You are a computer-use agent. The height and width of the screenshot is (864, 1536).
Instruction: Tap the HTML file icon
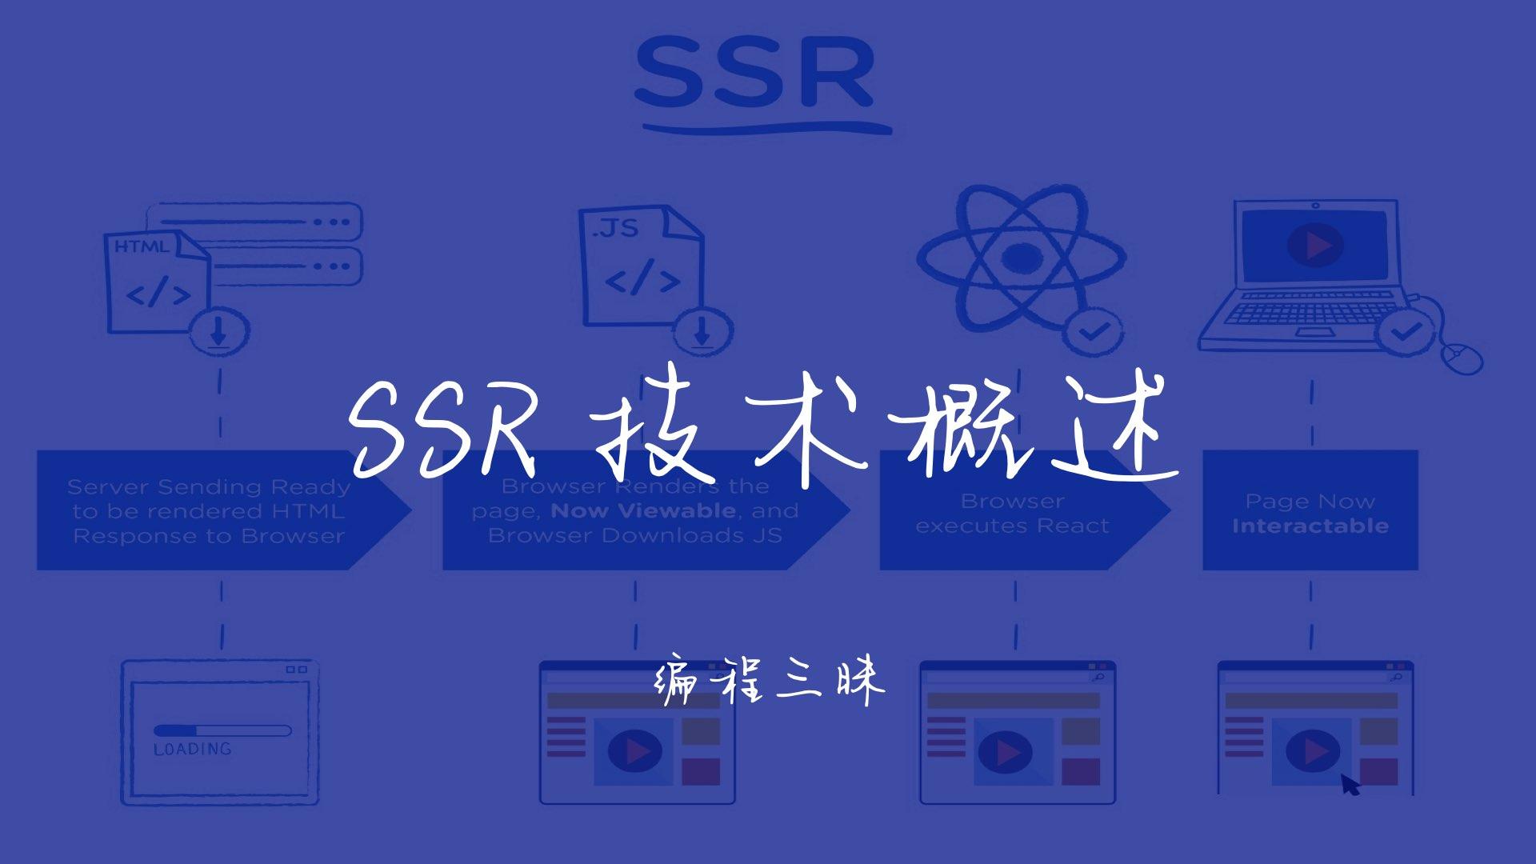pyautogui.click(x=157, y=280)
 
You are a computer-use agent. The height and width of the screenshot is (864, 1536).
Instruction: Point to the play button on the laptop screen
pyautogui.click(x=1314, y=244)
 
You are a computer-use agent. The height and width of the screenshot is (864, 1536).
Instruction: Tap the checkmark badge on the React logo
pyautogui.click(x=1093, y=330)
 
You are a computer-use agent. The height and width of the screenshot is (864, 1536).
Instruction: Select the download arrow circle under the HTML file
pyautogui.click(x=218, y=330)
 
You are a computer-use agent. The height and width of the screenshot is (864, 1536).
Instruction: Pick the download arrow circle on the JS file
pyautogui.click(x=702, y=330)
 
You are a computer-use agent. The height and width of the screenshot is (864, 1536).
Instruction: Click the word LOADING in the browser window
pyautogui.click(x=192, y=750)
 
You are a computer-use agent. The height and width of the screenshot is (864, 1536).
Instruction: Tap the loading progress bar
pyautogui.click(x=222, y=730)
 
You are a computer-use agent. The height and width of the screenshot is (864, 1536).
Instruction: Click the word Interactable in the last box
pyautogui.click(x=1310, y=526)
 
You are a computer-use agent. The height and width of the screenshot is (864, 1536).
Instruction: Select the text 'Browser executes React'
pyautogui.click(x=1012, y=514)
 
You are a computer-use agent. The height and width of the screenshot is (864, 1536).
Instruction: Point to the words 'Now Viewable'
pyautogui.click(x=643, y=510)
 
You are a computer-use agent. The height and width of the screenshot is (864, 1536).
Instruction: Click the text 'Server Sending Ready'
pyautogui.click(x=209, y=486)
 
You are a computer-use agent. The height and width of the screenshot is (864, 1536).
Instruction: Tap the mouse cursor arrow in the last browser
pyautogui.click(x=1350, y=785)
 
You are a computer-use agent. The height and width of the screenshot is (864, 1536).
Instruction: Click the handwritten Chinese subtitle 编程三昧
pyautogui.click(x=770, y=682)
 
